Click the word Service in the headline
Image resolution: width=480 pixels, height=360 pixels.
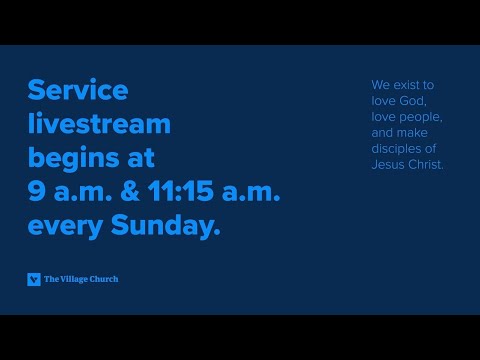tap(78, 91)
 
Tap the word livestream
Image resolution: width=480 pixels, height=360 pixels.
tap(99, 125)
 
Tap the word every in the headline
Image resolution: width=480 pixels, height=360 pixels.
tap(65, 227)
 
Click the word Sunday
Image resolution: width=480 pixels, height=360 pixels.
tap(165, 227)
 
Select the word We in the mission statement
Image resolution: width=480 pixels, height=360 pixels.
tap(379, 86)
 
